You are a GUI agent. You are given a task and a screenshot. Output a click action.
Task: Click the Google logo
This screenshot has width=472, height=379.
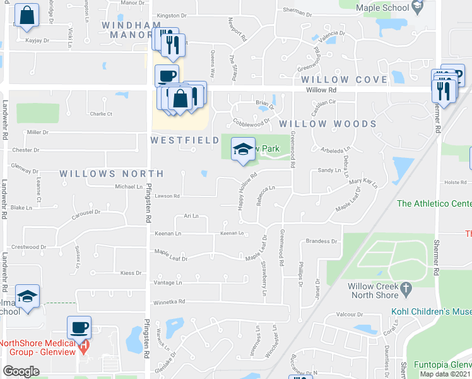click(21, 371)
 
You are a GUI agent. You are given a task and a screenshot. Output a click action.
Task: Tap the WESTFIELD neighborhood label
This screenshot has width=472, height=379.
click(185, 140)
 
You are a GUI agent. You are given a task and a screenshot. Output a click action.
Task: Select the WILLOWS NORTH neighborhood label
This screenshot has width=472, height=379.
click(112, 173)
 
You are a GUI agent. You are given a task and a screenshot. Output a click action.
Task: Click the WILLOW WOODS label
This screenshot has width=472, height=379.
click(328, 124)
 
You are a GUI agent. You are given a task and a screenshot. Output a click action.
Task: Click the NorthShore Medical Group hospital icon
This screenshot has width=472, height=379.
click(83, 347)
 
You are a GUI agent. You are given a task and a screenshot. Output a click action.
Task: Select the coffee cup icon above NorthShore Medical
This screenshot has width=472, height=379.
click(80, 327)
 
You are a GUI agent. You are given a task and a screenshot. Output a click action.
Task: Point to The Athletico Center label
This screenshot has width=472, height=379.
click(434, 203)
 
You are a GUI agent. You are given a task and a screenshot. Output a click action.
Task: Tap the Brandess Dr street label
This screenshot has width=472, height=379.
click(322, 241)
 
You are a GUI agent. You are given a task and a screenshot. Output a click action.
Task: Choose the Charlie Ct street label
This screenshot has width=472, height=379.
click(101, 114)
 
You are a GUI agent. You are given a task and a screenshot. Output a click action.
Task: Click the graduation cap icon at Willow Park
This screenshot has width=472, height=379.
click(243, 149)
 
